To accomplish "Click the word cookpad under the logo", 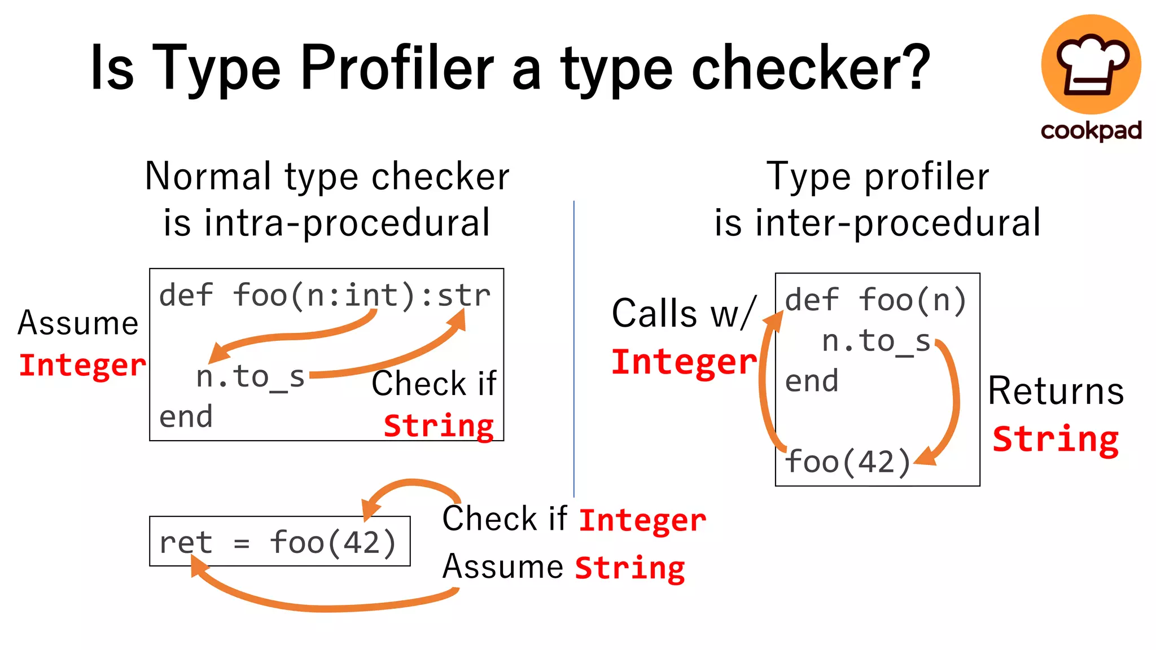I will tap(1091, 131).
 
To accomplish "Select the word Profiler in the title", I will tap(397, 68).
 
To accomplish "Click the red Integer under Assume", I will tap(82, 365).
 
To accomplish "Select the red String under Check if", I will tap(439, 425).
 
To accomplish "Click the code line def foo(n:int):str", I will tap(325, 295).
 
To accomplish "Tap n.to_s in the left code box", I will tap(251, 376).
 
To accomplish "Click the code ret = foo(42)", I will tap(278, 542).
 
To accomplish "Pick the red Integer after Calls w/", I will tap(684, 362).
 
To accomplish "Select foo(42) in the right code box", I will tap(847, 462).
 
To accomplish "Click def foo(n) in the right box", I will tap(875, 300).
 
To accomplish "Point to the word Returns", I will tap(1056, 390).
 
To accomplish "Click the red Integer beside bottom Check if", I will tap(642, 520).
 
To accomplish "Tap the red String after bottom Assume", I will tap(630, 568).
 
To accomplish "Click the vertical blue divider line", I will tap(574, 350).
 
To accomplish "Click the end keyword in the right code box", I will tap(812, 381).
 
